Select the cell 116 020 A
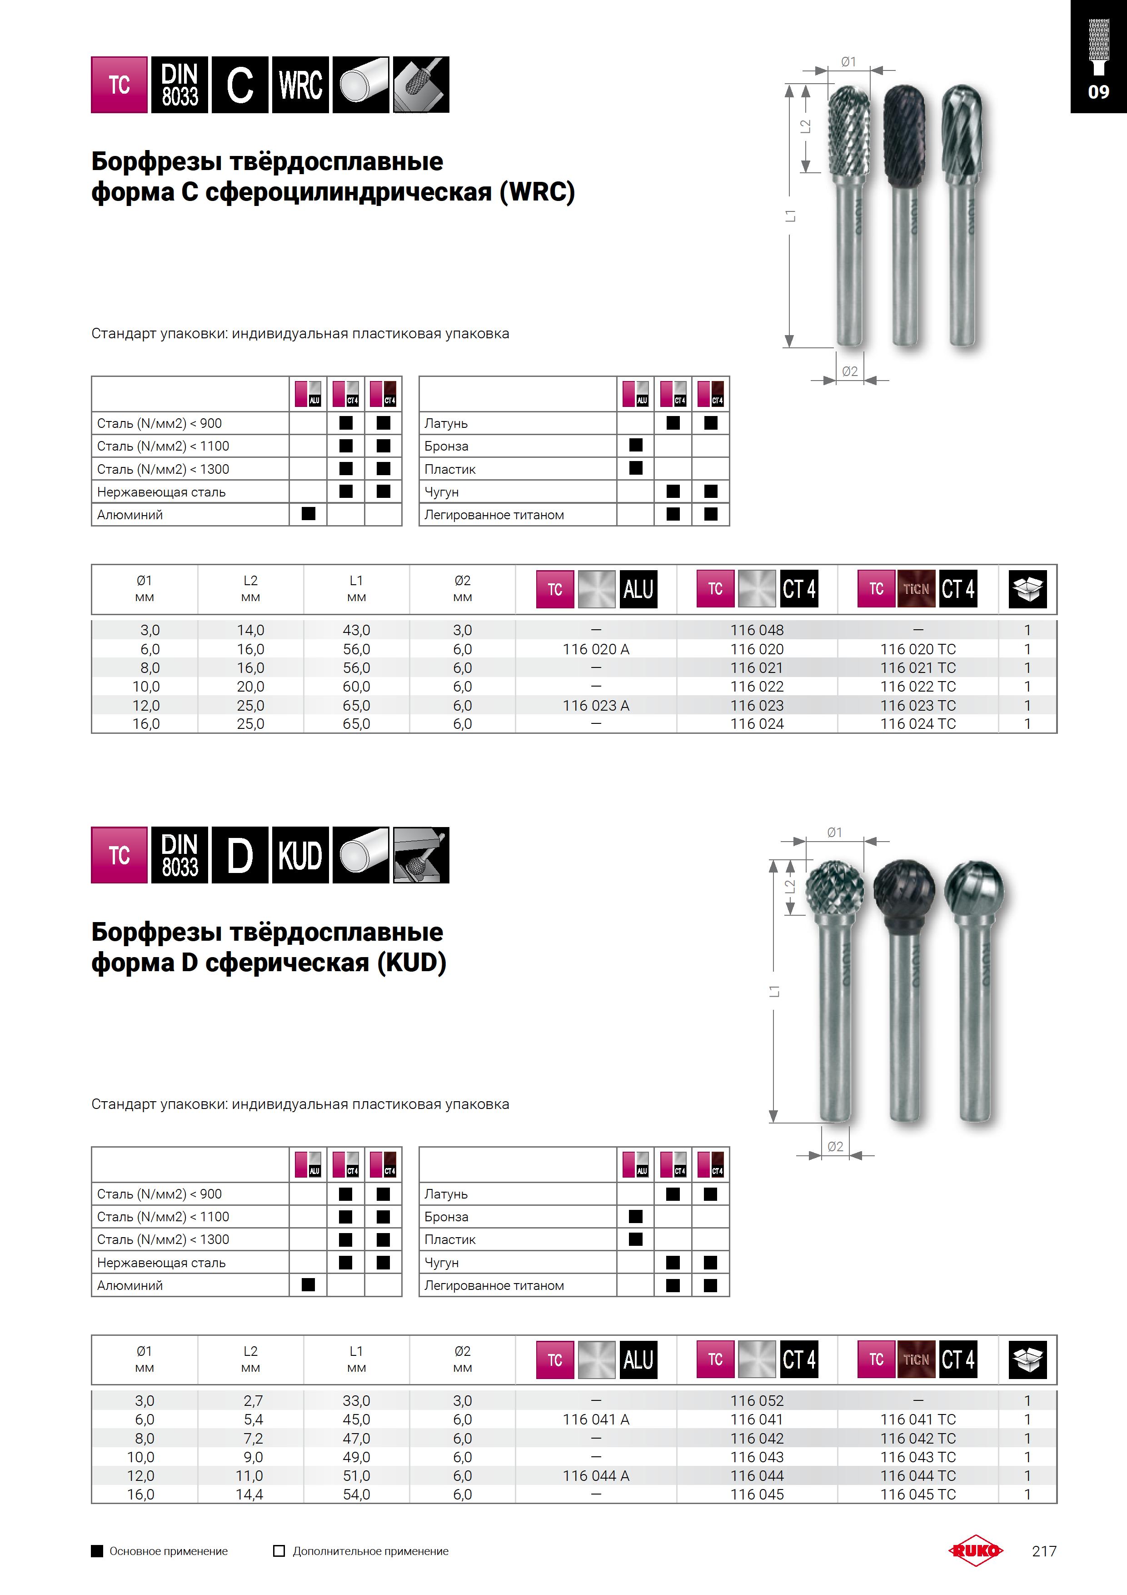[596, 649]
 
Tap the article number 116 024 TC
[918, 724]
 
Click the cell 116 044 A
[596, 1475]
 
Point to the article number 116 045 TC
[918, 1494]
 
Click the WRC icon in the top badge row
[300, 85]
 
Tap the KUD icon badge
[300, 855]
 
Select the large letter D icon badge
[239, 855]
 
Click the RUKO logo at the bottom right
[976, 1550]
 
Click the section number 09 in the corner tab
[1098, 92]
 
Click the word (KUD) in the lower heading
[411, 963]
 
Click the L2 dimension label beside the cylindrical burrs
[806, 126]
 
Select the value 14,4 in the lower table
[249, 1494]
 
